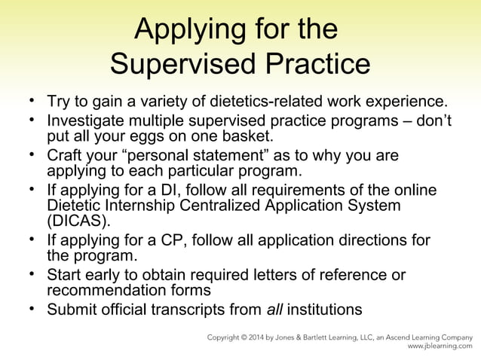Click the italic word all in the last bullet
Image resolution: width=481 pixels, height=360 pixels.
coord(276,310)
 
